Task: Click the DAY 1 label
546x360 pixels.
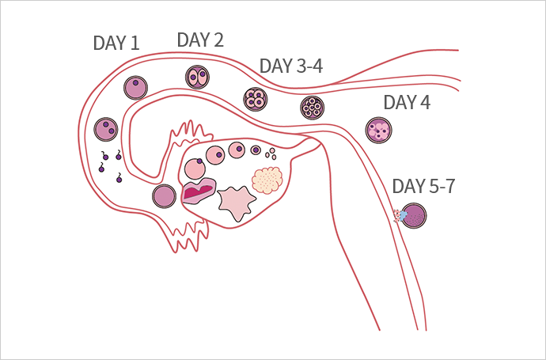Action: pos(116,44)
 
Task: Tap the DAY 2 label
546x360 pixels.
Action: pos(199,40)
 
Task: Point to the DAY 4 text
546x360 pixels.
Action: pos(407,103)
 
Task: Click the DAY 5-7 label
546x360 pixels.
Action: pos(424,187)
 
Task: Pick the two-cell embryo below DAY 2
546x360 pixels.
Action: pos(197,77)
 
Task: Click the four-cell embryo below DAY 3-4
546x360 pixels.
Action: pos(256,100)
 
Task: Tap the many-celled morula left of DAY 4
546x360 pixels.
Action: pos(312,107)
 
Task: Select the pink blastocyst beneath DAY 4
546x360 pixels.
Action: pos(378,130)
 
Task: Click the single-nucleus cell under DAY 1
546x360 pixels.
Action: pos(136,87)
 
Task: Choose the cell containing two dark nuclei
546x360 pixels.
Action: pos(106,128)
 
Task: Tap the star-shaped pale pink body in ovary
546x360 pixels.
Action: pos(235,203)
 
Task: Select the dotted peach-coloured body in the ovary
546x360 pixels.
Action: pos(267,181)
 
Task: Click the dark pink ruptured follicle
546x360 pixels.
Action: pos(198,191)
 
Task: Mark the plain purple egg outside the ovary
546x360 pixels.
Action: pos(164,195)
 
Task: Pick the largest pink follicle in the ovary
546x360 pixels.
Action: pos(194,168)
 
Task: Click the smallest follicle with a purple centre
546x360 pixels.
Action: pos(256,150)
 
